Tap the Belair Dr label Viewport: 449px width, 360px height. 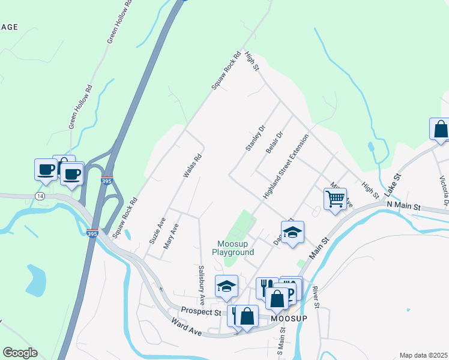pos(274,143)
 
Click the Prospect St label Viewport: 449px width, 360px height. pos(201,312)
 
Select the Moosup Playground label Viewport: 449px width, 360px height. pos(236,248)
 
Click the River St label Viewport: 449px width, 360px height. pos(315,297)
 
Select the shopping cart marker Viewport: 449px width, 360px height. pos(335,198)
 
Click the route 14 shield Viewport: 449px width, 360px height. pos(40,196)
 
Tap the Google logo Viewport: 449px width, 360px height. pos(20,352)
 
